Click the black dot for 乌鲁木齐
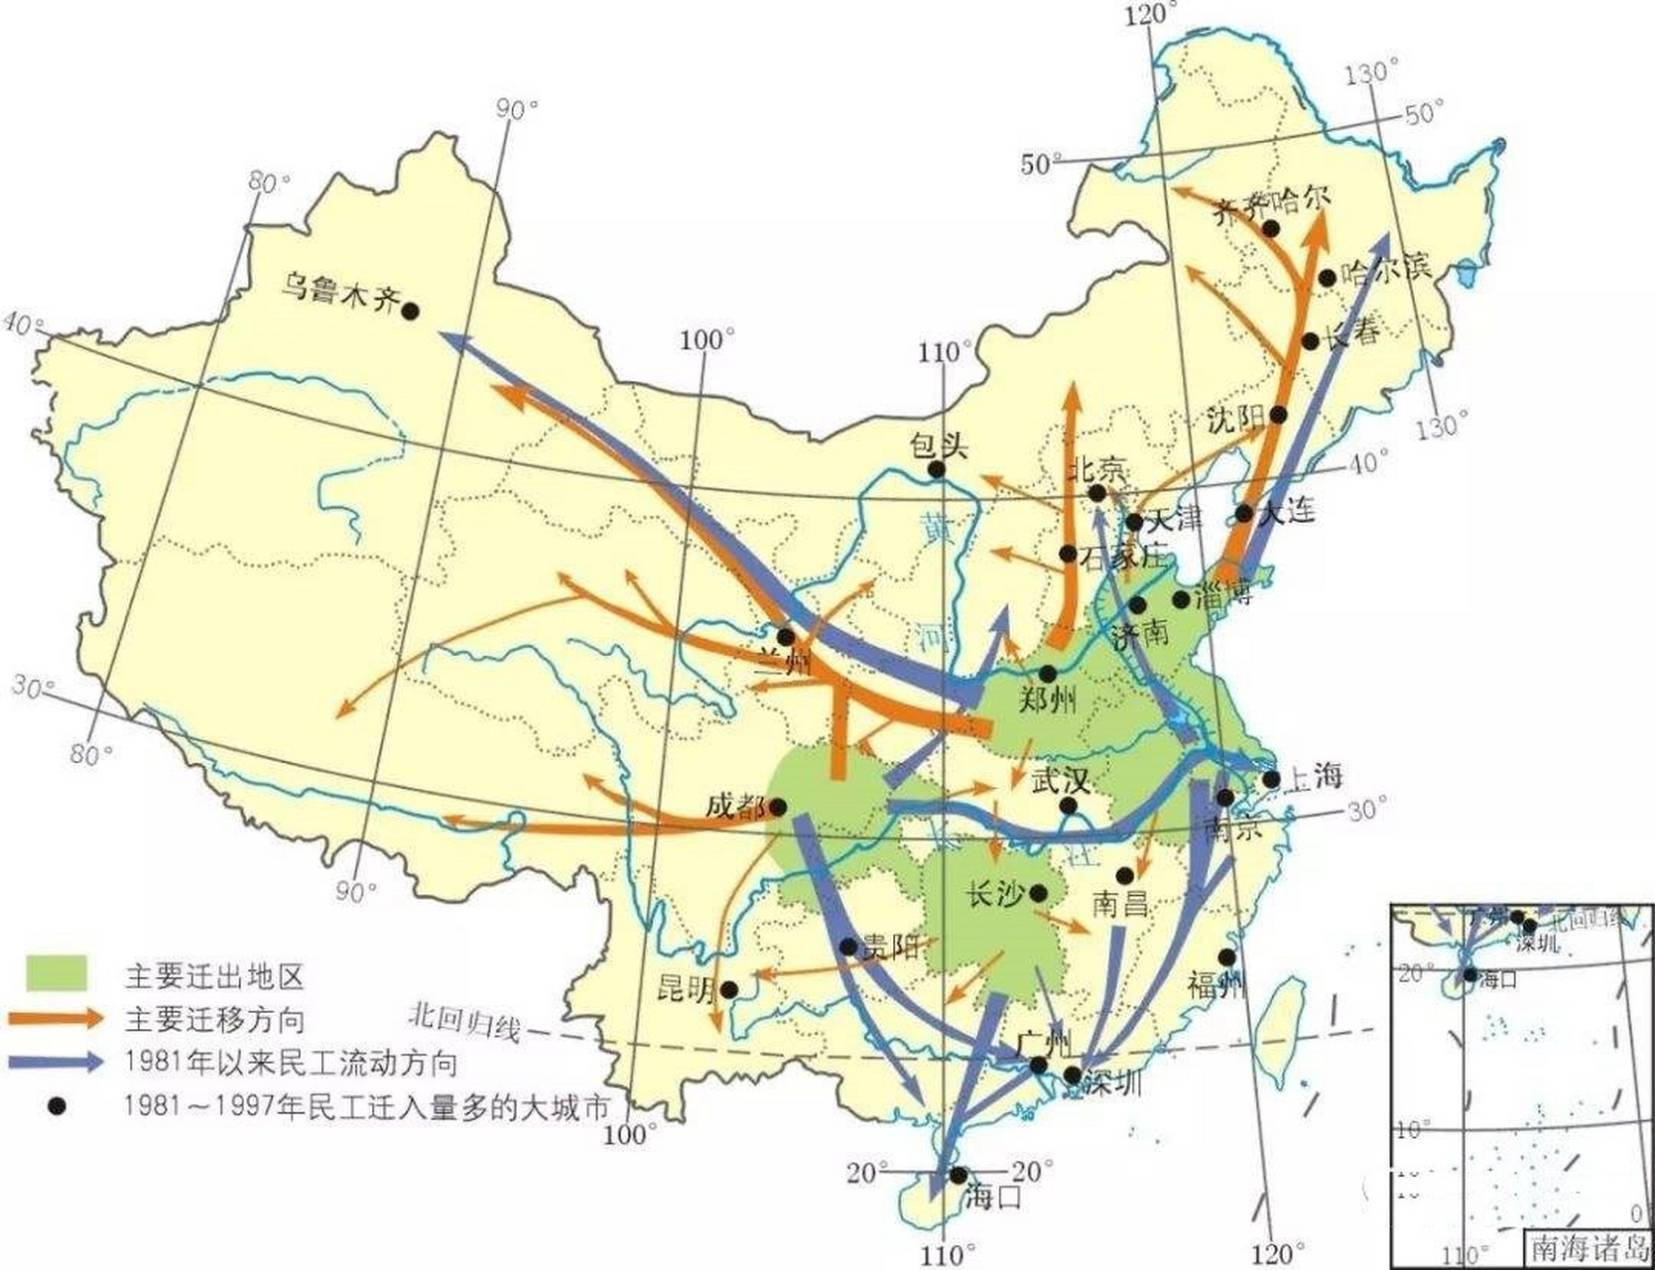tap(410, 311)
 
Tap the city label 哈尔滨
tap(1386, 269)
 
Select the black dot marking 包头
tap(934, 470)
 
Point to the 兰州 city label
tap(784, 662)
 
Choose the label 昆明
tap(687, 989)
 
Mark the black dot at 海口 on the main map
tap(957, 1175)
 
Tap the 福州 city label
tap(1215, 984)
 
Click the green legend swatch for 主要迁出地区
tap(57, 973)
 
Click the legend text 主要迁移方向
tap(214, 1019)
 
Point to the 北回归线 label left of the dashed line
tap(464, 1022)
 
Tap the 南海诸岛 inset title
tap(1588, 1246)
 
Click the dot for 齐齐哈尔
tap(1270, 228)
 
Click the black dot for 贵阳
tap(848, 947)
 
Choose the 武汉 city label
tap(1061, 782)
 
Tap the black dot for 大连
tap(1244, 513)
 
